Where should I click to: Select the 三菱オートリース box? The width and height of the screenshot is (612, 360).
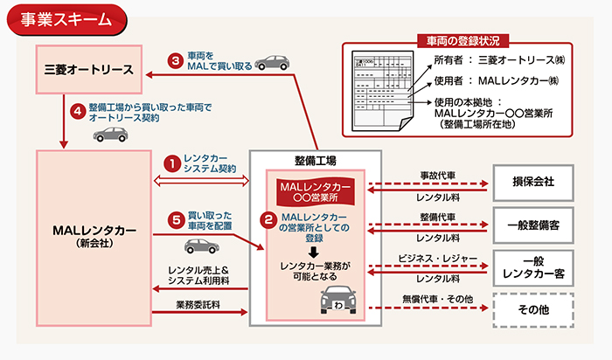click(x=87, y=70)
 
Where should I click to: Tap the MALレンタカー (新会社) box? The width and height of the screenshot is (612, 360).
click(x=94, y=234)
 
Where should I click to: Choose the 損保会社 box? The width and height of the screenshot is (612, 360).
click(x=532, y=183)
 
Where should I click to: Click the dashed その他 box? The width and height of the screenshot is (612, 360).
click(x=532, y=308)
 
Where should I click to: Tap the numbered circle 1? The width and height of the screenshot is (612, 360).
click(x=173, y=163)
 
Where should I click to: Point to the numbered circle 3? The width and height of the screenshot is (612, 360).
click(x=175, y=61)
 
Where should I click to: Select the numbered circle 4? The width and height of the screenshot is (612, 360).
click(x=76, y=112)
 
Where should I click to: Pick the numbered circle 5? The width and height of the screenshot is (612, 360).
click(x=173, y=218)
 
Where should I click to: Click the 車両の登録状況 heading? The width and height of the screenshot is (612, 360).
click(x=462, y=40)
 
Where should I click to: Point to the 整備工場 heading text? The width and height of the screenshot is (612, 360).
click(x=315, y=161)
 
